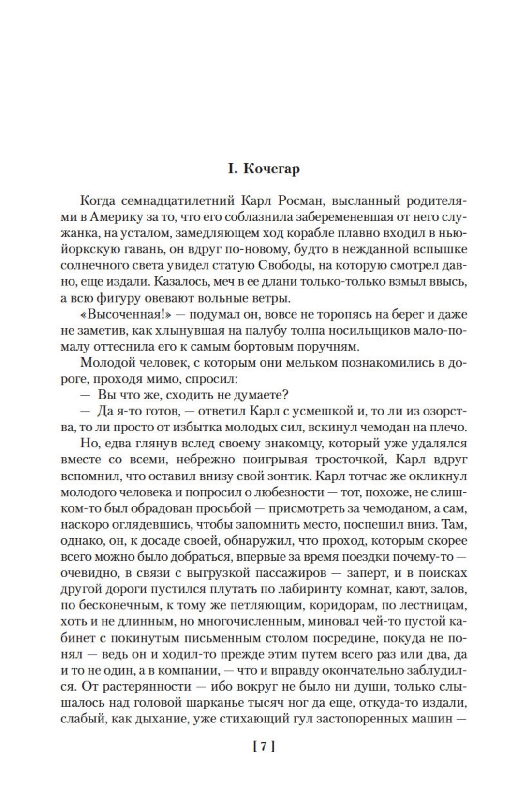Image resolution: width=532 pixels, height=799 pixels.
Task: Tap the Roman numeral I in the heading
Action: coord(231,169)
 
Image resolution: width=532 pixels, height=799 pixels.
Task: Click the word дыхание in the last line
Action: coord(160,719)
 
